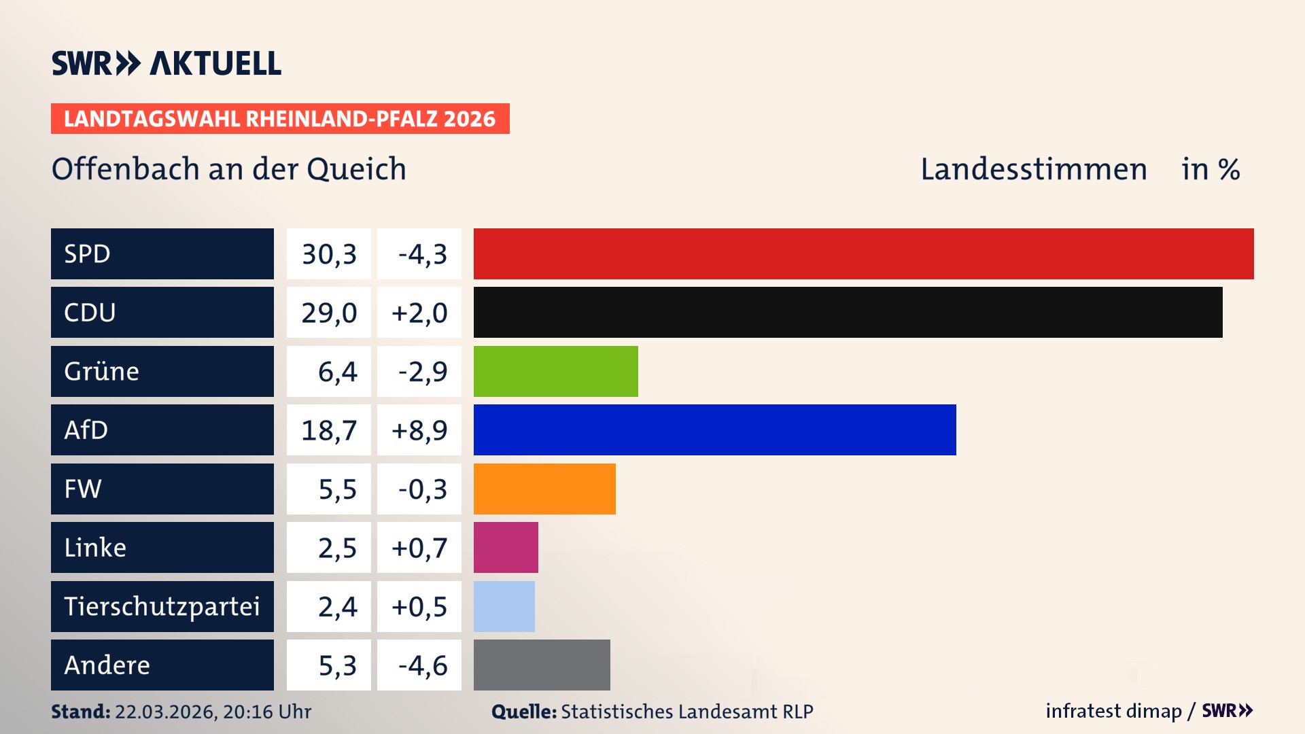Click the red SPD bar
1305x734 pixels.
point(863,254)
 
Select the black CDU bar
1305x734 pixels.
point(848,313)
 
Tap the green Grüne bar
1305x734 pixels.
point(555,371)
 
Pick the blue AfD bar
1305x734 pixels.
point(714,430)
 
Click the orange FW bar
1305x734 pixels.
point(544,489)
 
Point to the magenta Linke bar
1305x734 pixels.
point(506,547)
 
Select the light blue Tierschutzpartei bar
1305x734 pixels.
point(504,606)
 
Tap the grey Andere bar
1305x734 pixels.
point(542,665)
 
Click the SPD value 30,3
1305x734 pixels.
point(329,254)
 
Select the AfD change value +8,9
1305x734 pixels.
point(419,430)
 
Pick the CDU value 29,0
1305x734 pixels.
point(329,313)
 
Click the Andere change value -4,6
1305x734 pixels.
point(422,665)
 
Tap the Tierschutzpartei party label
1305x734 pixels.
point(162,606)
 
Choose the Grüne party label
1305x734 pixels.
point(101,371)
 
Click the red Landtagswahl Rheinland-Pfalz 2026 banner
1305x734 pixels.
point(279,118)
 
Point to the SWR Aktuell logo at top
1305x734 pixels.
point(167,63)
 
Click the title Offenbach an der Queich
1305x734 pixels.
point(229,169)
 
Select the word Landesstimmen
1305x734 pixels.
point(1033,169)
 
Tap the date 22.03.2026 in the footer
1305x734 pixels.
point(165,712)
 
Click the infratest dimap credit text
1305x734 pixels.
point(1113,711)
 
